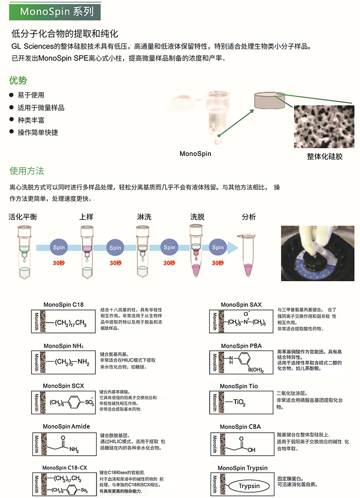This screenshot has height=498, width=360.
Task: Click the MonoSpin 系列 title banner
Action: [56, 11]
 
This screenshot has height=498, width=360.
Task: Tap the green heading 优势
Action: [18, 81]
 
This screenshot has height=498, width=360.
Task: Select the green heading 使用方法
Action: [27, 171]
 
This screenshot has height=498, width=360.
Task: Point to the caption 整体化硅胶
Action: [325, 156]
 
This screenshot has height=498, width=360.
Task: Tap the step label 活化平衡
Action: [23, 217]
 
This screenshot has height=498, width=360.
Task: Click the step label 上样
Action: [86, 217]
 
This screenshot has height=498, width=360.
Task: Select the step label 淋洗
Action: [144, 217]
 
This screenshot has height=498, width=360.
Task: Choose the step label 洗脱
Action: [197, 217]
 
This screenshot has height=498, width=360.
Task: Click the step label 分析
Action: [249, 217]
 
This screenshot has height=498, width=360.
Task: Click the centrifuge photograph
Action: [318, 253]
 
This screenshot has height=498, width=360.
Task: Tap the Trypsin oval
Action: [248, 486]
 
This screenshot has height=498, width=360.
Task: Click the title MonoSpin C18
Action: [63, 305]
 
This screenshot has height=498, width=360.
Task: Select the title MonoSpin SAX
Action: [241, 305]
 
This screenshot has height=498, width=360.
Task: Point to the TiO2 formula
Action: [239, 403]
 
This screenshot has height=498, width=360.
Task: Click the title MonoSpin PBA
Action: [241, 346]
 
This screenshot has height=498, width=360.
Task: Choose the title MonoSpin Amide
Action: [66, 426]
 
